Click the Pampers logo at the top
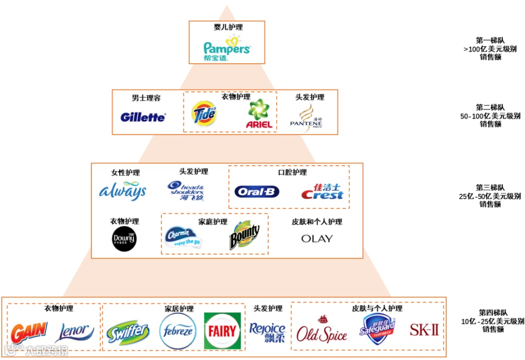click(227, 49)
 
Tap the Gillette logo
click(143, 117)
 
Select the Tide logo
click(204, 113)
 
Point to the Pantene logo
click(306, 118)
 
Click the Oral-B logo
click(257, 192)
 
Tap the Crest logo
click(322, 192)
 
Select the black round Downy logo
click(124, 239)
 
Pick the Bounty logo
click(244, 235)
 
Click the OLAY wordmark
click(317, 239)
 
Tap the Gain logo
click(29, 332)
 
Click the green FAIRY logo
click(222, 331)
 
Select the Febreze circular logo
click(178, 331)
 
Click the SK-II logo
click(424, 330)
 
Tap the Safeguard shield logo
click(377, 329)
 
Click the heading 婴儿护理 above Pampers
click(227, 27)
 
